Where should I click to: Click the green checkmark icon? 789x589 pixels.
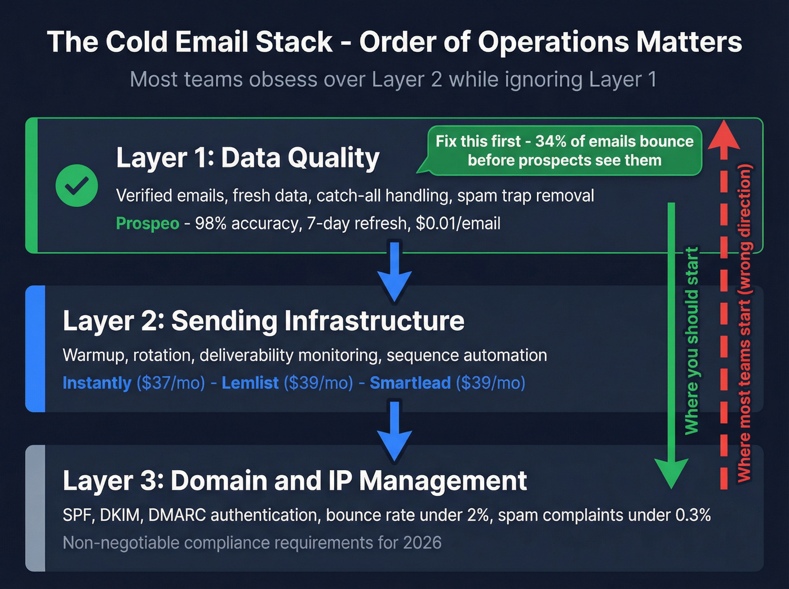(x=77, y=185)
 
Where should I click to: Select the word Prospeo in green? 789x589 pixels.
(x=147, y=224)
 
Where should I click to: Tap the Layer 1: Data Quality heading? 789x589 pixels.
(x=247, y=158)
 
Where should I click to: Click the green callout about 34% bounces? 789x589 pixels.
(x=564, y=150)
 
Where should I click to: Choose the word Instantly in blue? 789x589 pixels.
(x=97, y=383)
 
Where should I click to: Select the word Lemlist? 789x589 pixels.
(x=250, y=383)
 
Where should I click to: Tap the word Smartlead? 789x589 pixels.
(x=410, y=383)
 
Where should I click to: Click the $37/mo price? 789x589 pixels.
(x=171, y=383)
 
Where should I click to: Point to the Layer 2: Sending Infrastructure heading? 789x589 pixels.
(x=263, y=321)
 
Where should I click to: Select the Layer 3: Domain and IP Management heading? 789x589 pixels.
(x=295, y=481)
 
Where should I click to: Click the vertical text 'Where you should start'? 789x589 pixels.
(x=692, y=341)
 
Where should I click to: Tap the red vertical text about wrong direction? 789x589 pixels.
(x=744, y=323)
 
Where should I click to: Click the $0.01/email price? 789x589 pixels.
(x=458, y=224)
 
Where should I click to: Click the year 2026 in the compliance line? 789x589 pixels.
(x=422, y=543)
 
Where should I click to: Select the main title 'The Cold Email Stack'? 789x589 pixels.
(x=189, y=42)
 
